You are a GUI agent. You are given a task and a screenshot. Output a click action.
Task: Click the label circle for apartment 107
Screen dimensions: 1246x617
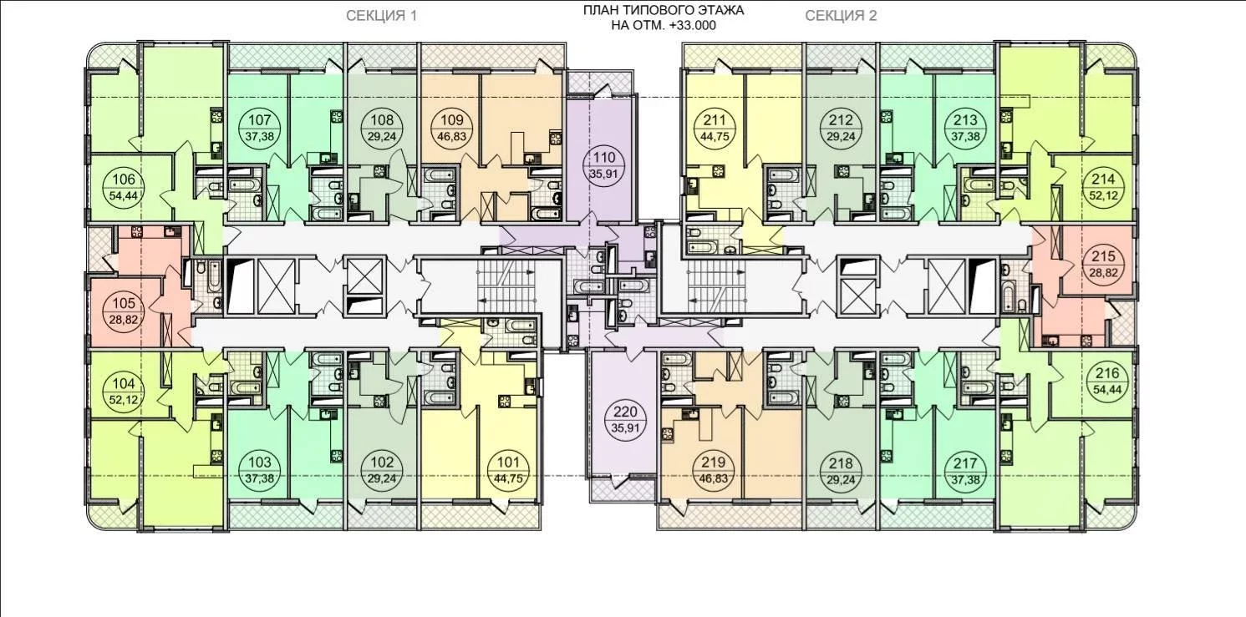click(x=260, y=127)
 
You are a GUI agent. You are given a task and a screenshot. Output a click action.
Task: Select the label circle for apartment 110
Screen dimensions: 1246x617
click(x=605, y=165)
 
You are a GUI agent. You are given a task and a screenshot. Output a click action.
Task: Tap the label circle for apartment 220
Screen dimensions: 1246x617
click(x=621, y=421)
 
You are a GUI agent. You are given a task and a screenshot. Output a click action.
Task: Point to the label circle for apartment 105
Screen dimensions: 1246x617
click(x=124, y=311)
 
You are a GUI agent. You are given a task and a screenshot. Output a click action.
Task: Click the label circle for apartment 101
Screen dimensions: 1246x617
click(x=508, y=470)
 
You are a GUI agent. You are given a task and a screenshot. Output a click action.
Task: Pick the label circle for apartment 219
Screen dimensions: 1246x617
click(x=714, y=470)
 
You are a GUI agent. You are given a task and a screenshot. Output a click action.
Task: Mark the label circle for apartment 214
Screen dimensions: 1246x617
click(x=1104, y=187)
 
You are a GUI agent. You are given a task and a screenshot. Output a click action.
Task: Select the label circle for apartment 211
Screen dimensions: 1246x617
click(x=715, y=127)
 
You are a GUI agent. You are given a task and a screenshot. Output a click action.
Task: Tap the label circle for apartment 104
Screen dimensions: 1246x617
click(x=124, y=392)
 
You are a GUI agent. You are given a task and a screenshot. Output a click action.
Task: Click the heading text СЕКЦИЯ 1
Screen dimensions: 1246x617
click(x=382, y=16)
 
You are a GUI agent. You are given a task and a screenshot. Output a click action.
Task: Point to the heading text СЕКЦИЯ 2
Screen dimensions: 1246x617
click(x=841, y=16)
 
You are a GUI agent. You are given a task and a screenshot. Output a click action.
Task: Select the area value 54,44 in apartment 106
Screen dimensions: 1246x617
click(x=124, y=195)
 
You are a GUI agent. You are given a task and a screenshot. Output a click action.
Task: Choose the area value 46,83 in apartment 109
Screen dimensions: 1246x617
click(x=452, y=135)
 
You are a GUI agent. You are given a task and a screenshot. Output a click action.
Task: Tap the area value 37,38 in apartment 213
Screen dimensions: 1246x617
click(x=965, y=135)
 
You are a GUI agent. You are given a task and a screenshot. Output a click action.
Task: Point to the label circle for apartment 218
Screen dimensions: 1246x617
click(x=841, y=470)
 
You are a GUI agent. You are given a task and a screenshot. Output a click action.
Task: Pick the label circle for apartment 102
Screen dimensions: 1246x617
click(x=382, y=470)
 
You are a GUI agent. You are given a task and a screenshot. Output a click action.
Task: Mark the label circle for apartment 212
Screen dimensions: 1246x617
click(x=841, y=127)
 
